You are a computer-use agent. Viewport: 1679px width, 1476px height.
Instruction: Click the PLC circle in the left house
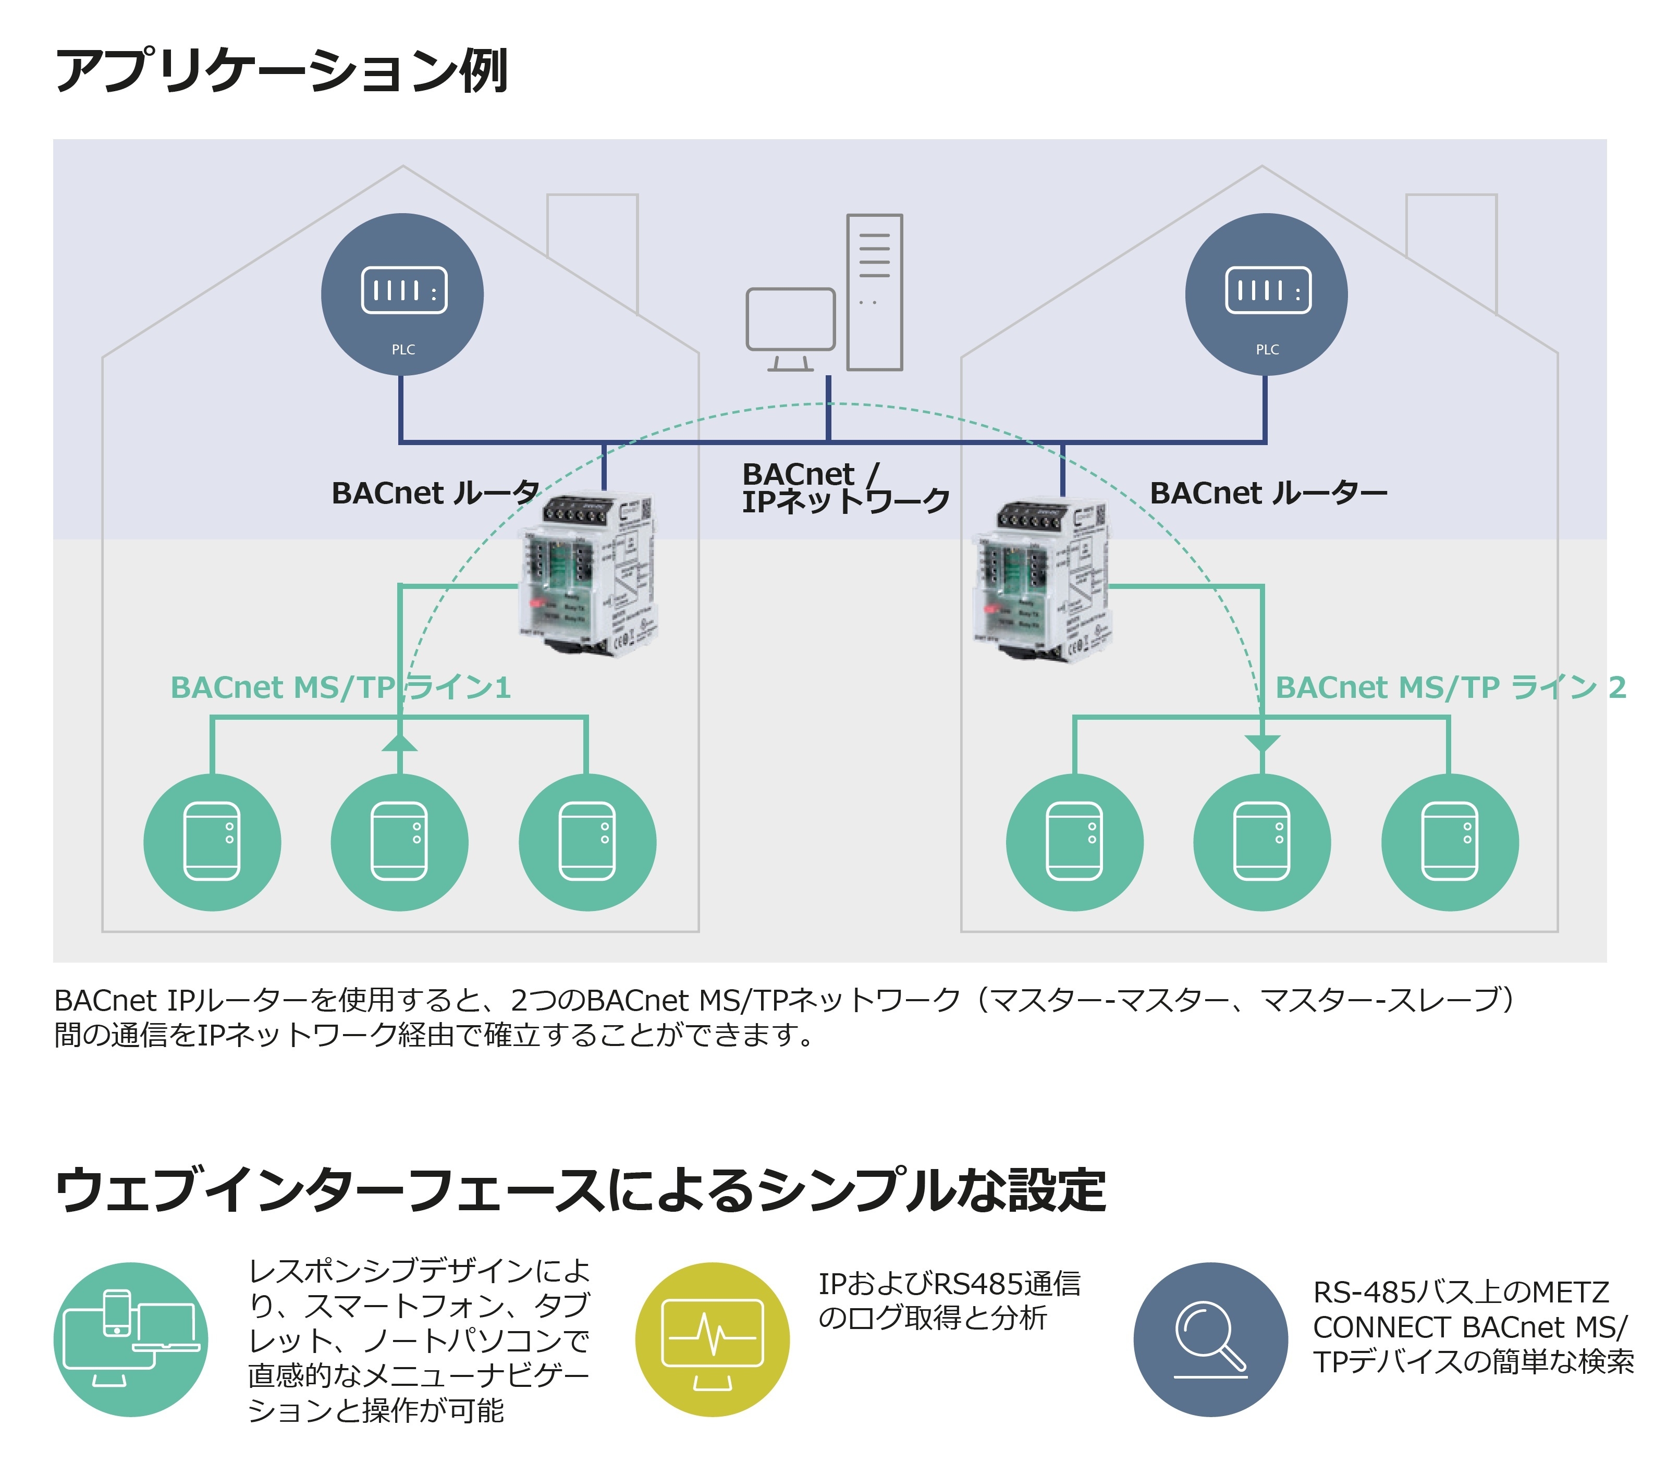tap(402, 294)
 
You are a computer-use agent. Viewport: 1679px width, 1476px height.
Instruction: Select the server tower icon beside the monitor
tap(875, 291)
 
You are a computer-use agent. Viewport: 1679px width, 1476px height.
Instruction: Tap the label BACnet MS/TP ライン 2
tap(1450, 687)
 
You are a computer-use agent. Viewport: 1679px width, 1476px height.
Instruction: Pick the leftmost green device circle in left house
tap(212, 842)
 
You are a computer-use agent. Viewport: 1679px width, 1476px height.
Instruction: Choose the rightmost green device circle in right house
tap(1450, 842)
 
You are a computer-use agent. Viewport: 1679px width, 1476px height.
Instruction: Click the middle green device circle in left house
tap(400, 842)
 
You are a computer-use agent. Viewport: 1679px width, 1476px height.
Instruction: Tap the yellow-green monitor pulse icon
tap(712, 1339)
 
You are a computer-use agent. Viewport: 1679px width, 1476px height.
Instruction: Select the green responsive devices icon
tap(131, 1339)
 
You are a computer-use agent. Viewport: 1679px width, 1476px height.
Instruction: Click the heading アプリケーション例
tap(282, 71)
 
